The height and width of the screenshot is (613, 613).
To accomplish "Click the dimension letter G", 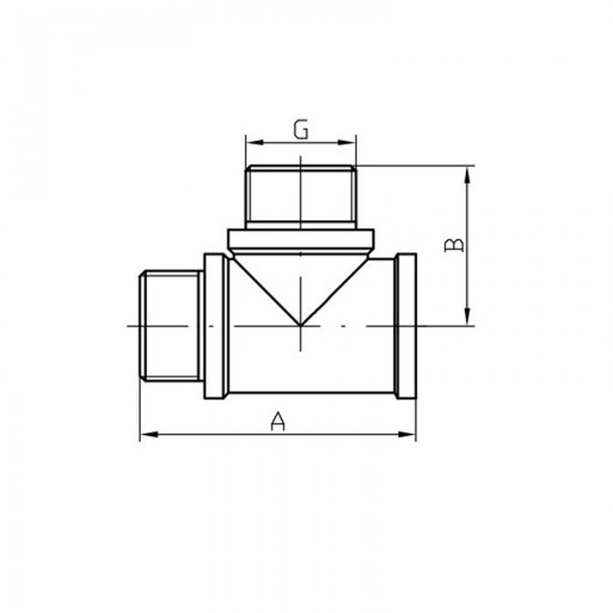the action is pos(301,130).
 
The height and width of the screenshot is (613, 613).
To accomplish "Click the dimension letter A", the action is pos(278,420).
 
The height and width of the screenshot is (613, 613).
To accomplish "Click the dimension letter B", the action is pos(454,245).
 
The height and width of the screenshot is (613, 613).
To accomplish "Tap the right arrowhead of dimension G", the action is pos(347,142).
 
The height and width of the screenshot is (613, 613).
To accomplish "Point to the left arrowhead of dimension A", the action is pos(149,434).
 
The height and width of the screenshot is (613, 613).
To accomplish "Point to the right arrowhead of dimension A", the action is pos(406,434).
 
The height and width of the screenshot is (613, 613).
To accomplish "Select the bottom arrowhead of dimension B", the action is pos(467,316).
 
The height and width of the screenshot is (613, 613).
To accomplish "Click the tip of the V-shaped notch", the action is pos(299,325).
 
